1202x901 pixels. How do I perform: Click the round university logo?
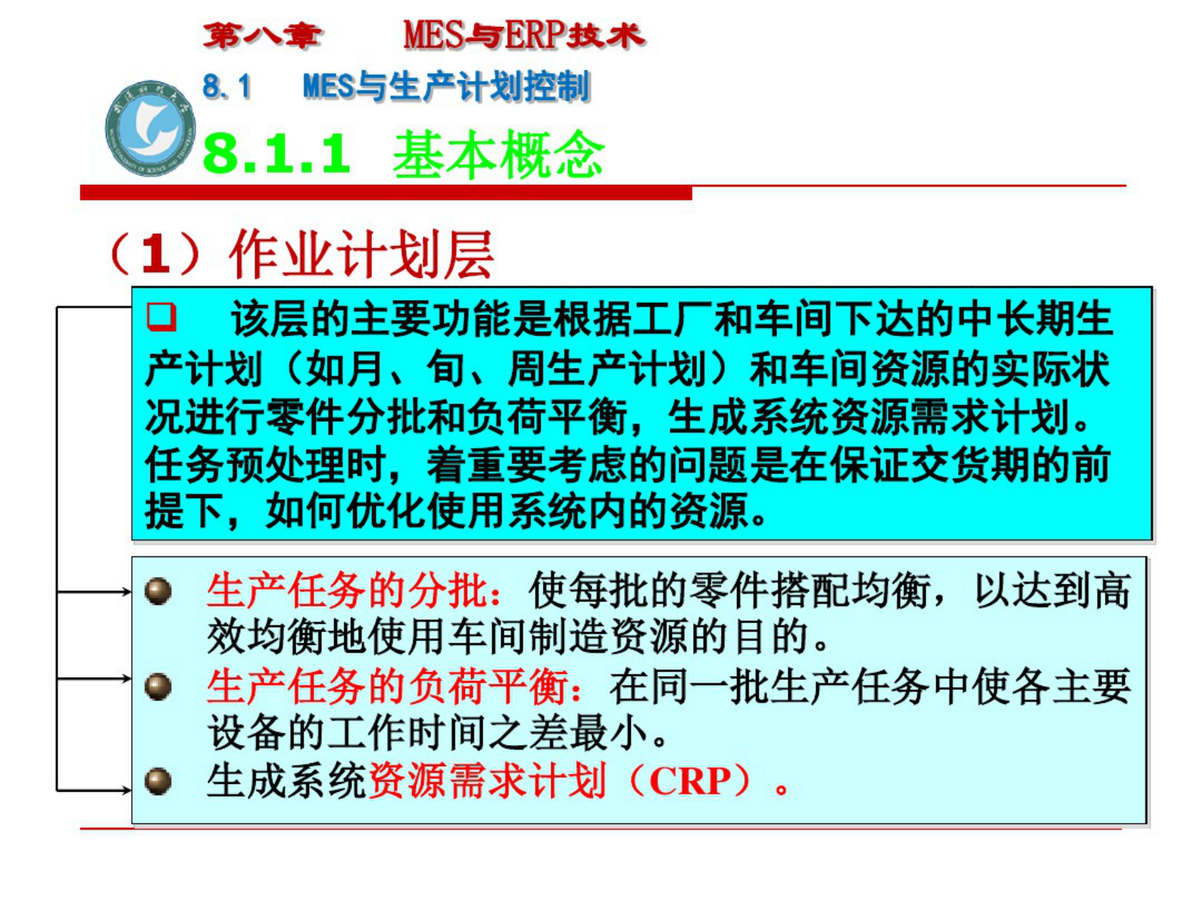[x=150, y=128]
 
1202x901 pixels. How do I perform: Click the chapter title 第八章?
[x=262, y=36]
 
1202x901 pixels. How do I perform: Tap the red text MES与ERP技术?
[x=523, y=36]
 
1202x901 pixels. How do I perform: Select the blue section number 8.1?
[x=226, y=86]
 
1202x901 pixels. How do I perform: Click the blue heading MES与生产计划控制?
[x=445, y=86]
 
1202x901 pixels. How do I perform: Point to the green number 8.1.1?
[x=277, y=154]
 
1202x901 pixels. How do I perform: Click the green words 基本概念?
[x=498, y=154]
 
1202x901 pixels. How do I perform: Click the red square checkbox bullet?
[x=161, y=316]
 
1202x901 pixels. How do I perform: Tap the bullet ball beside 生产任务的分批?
[x=158, y=591]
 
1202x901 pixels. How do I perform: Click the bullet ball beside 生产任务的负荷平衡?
[x=158, y=687]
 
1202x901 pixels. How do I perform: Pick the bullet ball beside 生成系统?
[x=158, y=781]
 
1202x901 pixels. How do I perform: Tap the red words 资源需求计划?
[x=486, y=781]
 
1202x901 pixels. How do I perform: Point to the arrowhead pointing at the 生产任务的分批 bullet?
[x=126, y=591]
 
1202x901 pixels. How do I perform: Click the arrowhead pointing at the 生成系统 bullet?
[x=126, y=790]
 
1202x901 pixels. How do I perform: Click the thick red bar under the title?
[x=386, y=194]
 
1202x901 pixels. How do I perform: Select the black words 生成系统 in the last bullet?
[x=286, y=781]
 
